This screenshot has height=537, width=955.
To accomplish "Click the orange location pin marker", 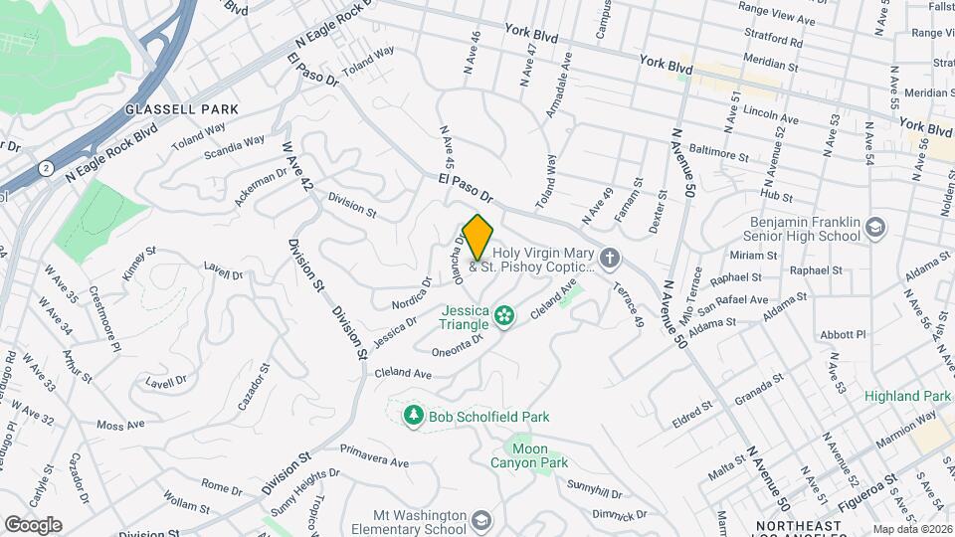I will click(477, 237).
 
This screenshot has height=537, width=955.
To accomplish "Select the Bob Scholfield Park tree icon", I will click(412, 415).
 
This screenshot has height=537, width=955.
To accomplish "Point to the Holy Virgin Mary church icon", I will click(611, 260).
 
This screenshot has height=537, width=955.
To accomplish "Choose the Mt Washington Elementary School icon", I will click(481, 520).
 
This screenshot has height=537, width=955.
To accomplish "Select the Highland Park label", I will click(907, 396).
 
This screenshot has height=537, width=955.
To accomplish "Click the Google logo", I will click(32, 524).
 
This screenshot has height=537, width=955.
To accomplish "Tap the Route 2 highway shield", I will click(48, 169).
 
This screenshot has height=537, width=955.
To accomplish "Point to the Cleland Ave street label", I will click(403, 374).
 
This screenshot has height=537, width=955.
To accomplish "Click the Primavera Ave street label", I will click(374, 462).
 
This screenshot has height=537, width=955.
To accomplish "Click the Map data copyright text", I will click(913, 529).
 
